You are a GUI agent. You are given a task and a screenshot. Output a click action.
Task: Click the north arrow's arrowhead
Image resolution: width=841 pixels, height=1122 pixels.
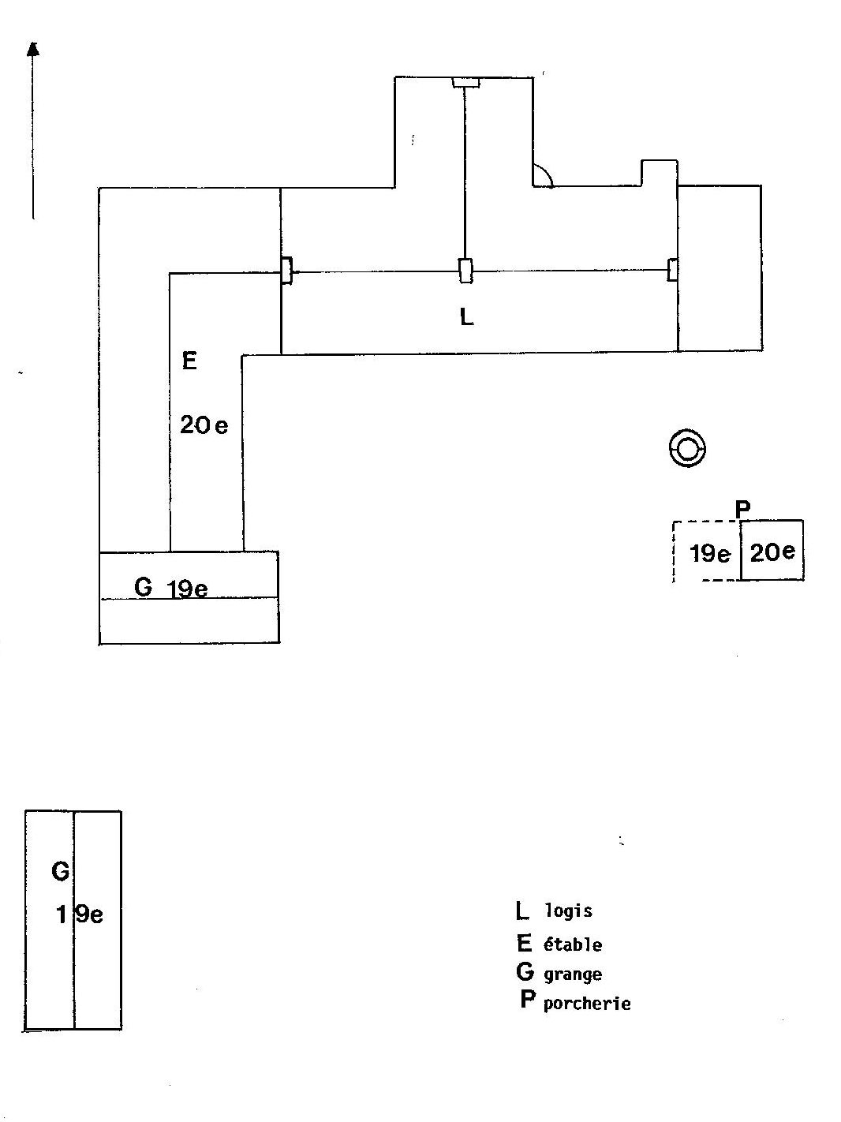pos(33,49)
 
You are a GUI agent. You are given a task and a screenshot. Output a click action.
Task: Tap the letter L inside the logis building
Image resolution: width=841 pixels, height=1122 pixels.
pos(466,317)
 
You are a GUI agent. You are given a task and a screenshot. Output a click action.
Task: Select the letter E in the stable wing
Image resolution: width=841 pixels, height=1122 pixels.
pos(189,361)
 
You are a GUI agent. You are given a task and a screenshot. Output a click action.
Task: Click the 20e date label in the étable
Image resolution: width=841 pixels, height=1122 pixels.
pos(204,424)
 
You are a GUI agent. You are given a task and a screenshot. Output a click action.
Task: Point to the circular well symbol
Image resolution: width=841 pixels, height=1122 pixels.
pos(687,447)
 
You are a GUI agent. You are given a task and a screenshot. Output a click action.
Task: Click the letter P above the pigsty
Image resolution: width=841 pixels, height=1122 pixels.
pos(742,510)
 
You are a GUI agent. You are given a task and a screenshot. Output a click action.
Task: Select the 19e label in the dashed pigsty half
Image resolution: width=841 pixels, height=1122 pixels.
pos(710,554)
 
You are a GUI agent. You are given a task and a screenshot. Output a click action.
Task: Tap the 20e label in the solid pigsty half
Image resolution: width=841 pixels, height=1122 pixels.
pos(772,552)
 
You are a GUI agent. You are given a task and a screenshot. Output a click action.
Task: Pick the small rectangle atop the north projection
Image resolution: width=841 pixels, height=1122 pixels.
pos(466,82)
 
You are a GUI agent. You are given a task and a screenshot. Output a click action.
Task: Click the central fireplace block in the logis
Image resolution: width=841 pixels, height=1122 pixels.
pos(465,271)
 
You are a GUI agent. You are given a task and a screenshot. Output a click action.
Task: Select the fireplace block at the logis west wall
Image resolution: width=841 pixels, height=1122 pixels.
pos(287,271)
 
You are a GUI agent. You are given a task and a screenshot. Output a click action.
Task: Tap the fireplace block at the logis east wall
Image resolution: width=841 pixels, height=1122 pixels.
pos(673,270)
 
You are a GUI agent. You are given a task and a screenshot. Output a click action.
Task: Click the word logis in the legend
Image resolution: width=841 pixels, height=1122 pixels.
pos(569,911)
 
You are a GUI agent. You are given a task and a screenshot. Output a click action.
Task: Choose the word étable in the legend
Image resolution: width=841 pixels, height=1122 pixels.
pos(573,944)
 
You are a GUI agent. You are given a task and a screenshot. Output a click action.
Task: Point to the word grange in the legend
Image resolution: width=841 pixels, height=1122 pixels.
pos(573,974)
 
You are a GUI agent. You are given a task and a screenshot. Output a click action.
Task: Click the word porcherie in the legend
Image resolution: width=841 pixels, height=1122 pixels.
pos(587,1004)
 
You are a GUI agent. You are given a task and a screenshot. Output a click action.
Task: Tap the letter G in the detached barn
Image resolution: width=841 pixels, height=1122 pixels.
pos(60,871)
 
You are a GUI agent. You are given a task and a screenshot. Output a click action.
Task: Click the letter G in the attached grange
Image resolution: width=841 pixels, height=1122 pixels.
pos(143,587)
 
